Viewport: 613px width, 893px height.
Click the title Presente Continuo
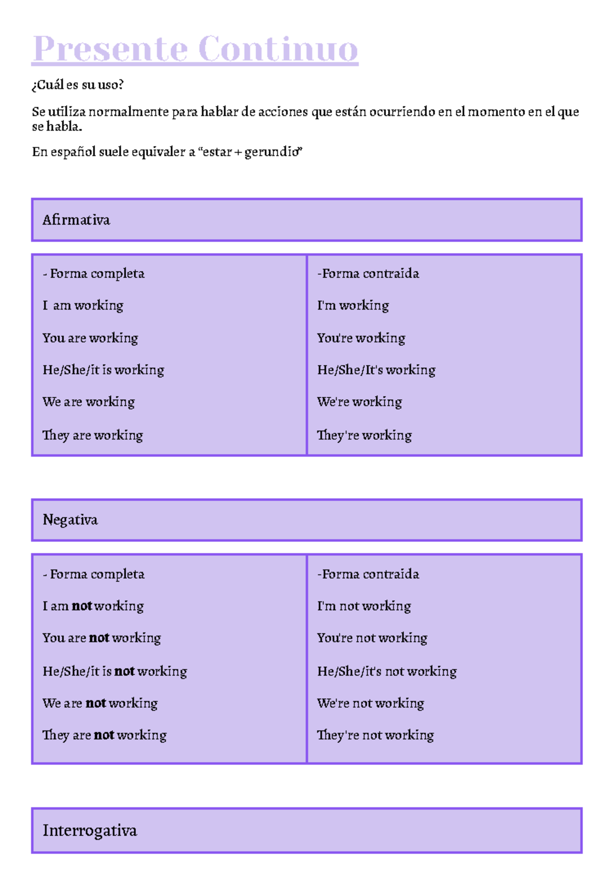point(195,50)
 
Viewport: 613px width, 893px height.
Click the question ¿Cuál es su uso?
point(78,85)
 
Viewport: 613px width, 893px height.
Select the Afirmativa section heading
point(76,220)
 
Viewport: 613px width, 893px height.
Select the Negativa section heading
point(70,520)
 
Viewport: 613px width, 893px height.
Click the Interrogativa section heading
point(89,830)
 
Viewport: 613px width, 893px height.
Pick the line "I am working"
point(83,305)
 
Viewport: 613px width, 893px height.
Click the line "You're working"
point(361,338)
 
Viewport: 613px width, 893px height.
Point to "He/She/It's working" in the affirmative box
point(376,370)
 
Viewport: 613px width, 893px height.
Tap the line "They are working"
point(92,435)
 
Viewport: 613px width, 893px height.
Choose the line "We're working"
point(359,402)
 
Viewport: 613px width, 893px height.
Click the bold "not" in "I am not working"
point(82,606)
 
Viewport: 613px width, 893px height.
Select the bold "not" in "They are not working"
point(104,735)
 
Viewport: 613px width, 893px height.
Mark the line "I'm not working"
point(364,606)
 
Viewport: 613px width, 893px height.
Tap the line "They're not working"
point(375,735)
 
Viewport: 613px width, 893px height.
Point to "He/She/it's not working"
point(387,671)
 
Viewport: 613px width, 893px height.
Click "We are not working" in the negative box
point(100,703)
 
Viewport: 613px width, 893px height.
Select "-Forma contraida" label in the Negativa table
point(368,574)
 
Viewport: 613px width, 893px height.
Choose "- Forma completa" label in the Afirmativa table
point(93,274)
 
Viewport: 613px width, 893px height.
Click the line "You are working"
point(90,338)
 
